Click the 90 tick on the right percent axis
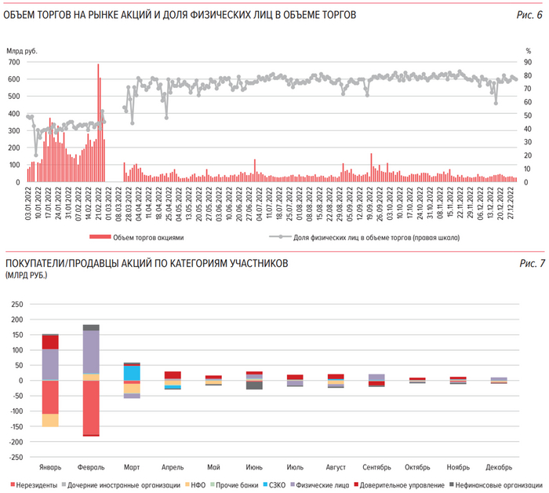(x=529, y=61)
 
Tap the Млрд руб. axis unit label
(x=22, y=51)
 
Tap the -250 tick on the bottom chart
(x=15, y=457)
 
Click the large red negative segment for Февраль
(x=91, y=407)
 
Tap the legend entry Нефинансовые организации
(x=494, y=484)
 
